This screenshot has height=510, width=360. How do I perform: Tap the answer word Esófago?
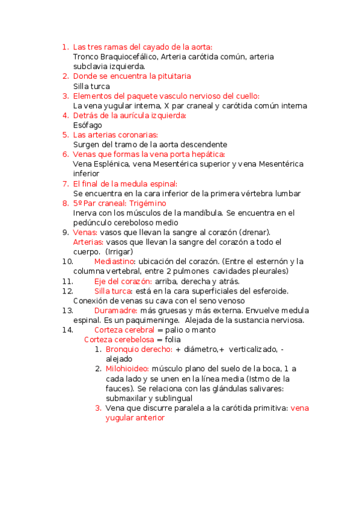87,125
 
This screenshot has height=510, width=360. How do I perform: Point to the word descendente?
202,144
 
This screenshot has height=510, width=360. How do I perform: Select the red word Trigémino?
148,203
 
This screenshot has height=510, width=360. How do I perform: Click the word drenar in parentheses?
255,232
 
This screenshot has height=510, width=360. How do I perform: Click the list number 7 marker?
65,183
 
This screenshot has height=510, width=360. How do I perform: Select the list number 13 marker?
67,310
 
